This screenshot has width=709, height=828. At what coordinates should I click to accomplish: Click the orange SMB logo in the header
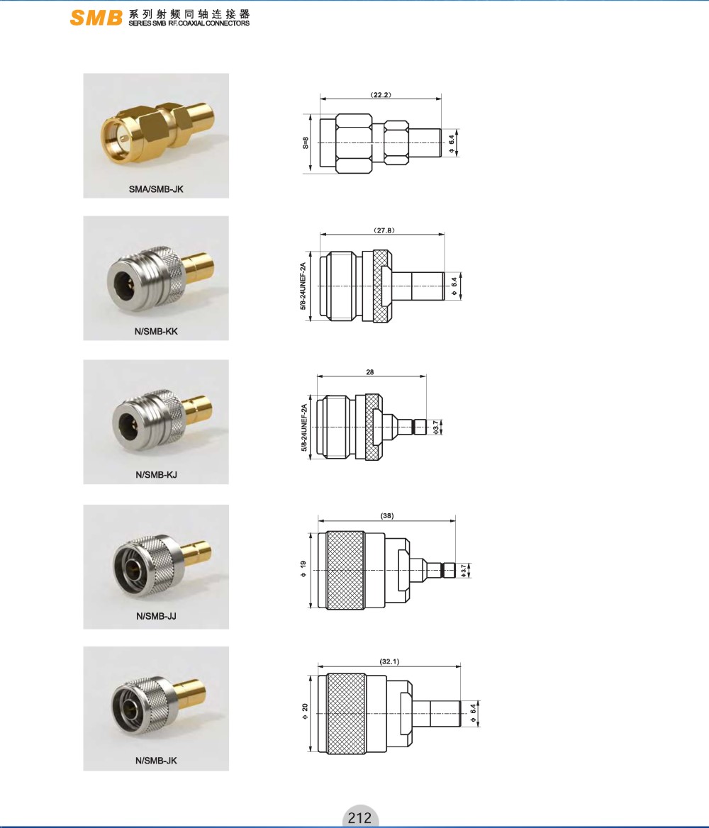[x=96, y=18]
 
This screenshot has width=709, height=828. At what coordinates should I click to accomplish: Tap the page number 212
[x=359, y=818]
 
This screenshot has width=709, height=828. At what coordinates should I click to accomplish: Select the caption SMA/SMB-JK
[x=156, y=189]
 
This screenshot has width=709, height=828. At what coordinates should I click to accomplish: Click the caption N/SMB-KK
[x=156, y=332]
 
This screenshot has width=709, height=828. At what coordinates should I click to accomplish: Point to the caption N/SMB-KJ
[x=156, y=475]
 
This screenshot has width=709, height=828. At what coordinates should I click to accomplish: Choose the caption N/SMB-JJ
[x=156, y=616]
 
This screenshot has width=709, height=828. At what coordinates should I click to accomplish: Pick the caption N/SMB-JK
[x=156, y=761]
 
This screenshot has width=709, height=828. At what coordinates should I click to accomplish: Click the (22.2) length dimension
[x=381, y=95]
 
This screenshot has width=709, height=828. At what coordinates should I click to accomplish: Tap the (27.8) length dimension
[x=384, y=230]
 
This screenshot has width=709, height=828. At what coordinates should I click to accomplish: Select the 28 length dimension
[x=370, y=372]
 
